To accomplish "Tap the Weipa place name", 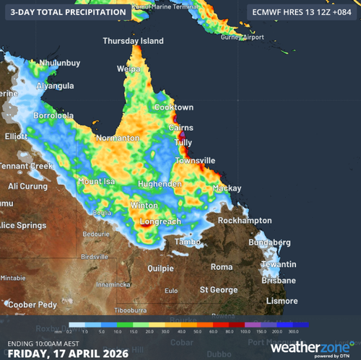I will [x=128, y=69].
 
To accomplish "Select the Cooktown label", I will [x=173, y=107].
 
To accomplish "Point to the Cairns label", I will [x=180, y=127].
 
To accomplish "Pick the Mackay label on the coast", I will [x=227, y=188].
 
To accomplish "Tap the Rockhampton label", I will [x=245, y=220].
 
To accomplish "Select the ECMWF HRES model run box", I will [x=300, y=12].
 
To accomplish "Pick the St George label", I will [x=219, y=290].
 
